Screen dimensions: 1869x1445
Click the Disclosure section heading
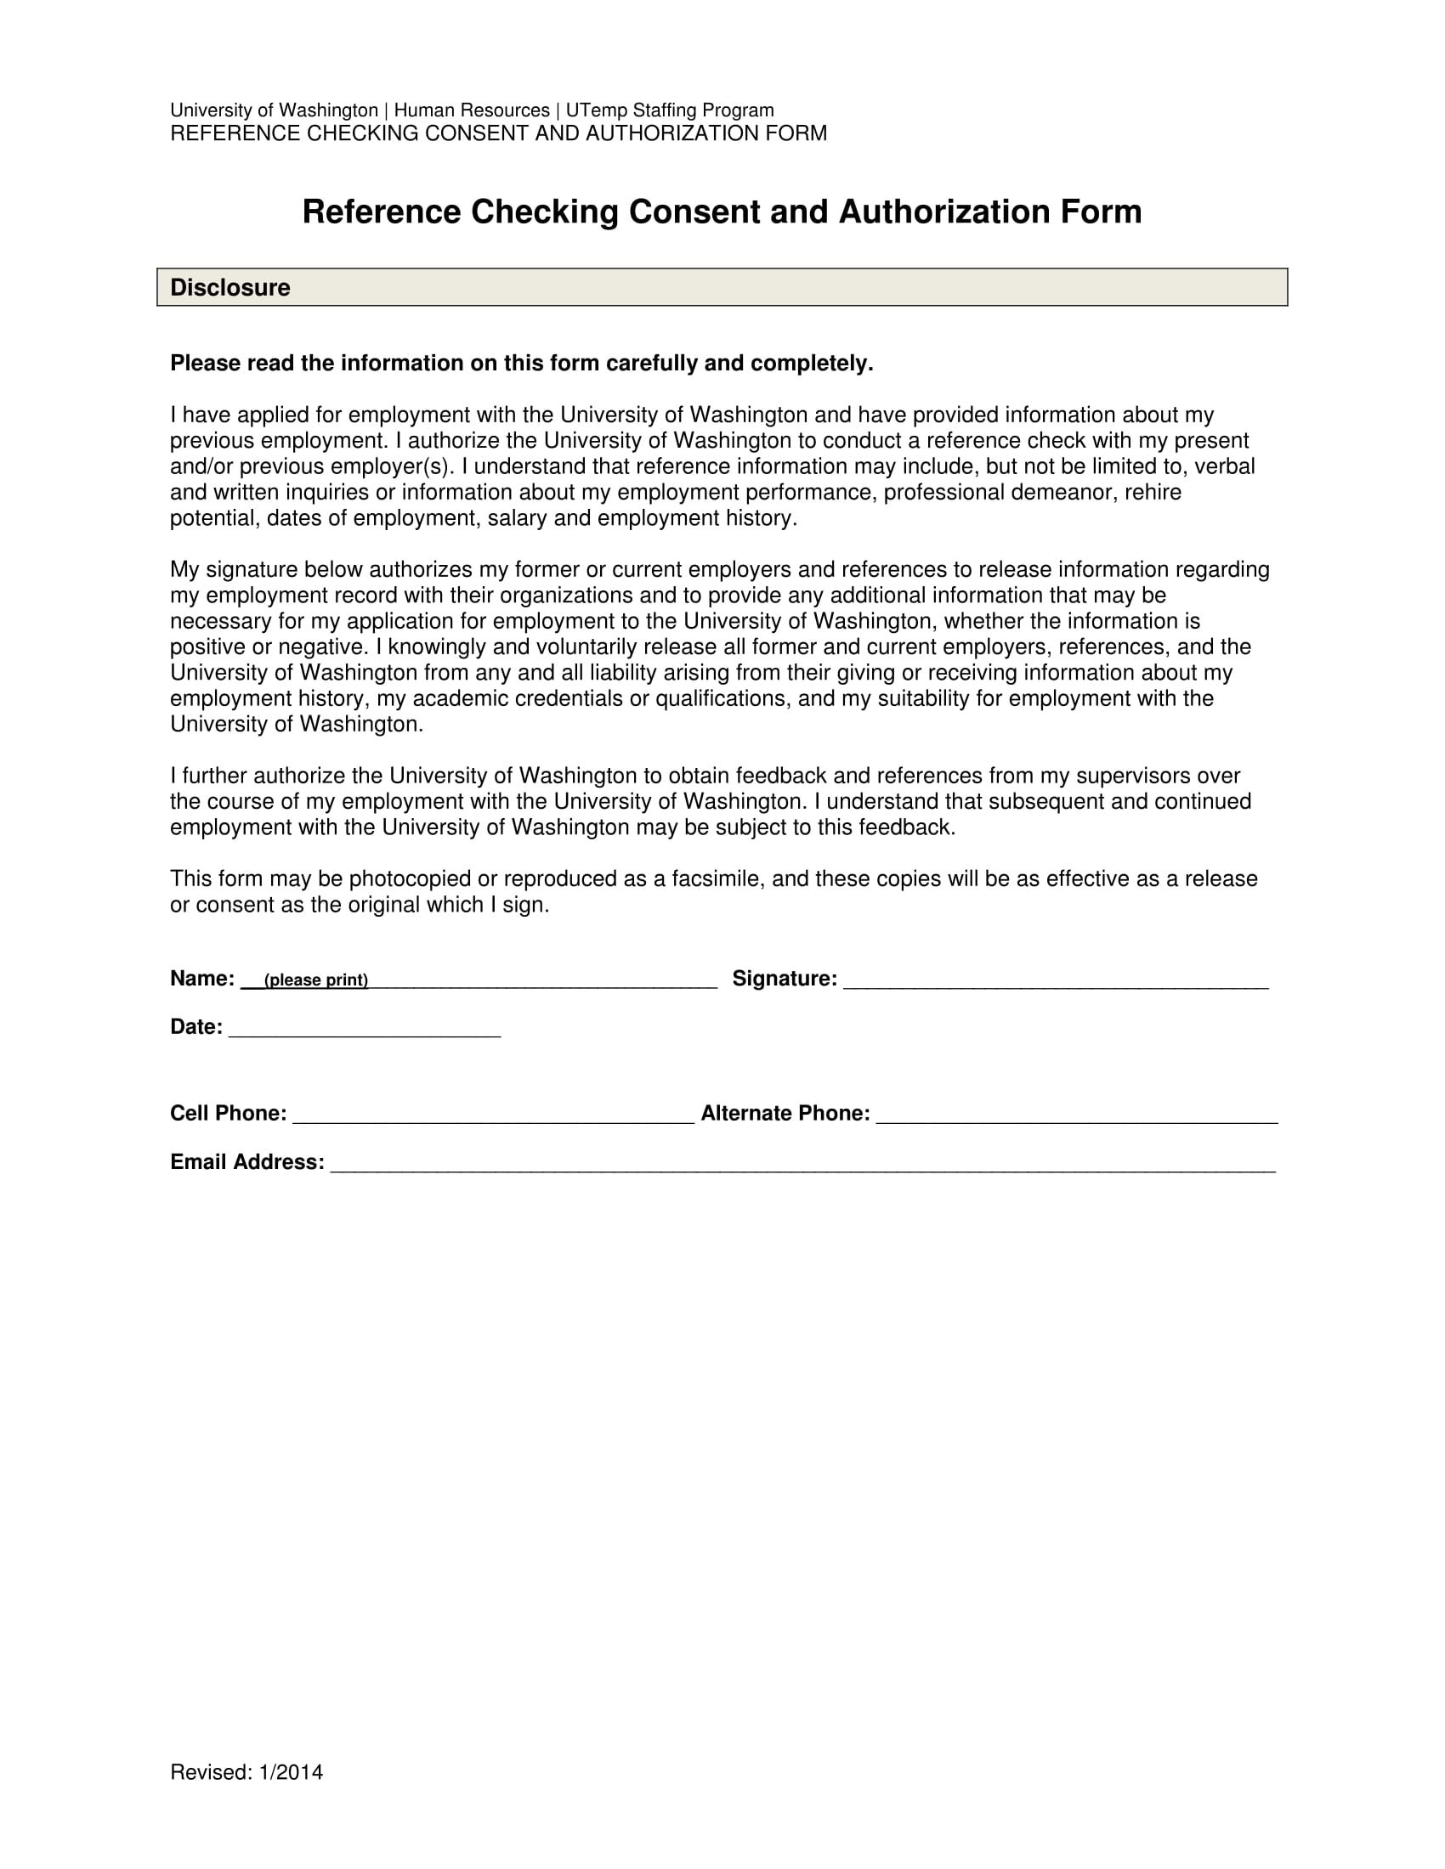click(230, 287)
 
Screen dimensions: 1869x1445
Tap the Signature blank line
click(1055, 980)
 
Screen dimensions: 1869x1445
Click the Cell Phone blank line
click(493, 1115)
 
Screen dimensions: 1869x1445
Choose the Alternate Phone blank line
click(1076, 1115)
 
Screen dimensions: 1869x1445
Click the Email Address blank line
click(802, 1164)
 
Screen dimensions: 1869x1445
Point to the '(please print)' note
click(316, 980)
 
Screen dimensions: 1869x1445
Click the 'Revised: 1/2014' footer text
click(246, 1772)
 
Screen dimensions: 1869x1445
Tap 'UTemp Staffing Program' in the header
click(670, 110)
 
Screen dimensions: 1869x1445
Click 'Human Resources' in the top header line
click(472, 110)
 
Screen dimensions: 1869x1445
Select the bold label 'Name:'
click(202, 979)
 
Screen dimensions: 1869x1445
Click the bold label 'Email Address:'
click(246, 1162)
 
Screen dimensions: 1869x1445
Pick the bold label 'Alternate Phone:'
click(785, 1114)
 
